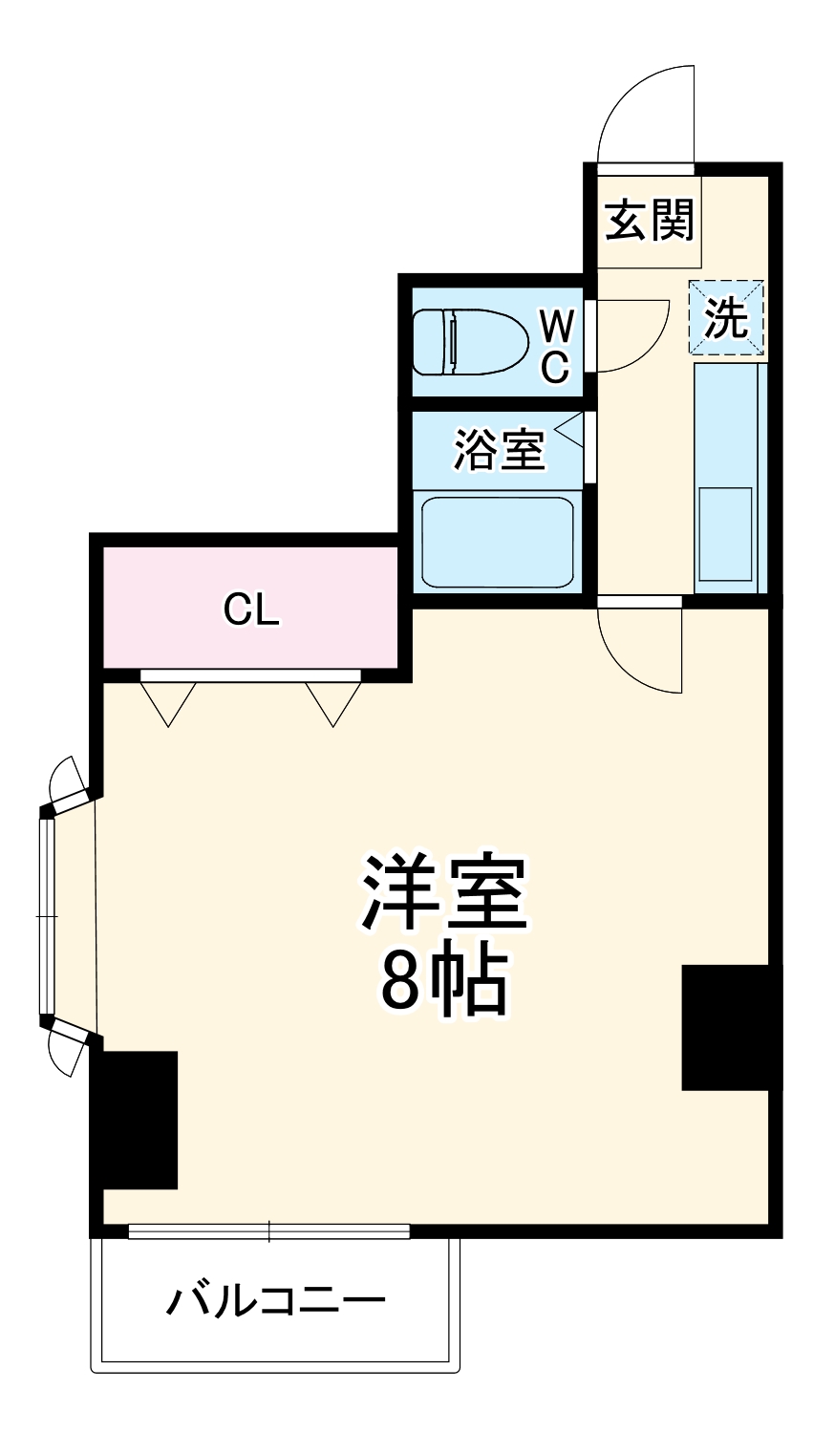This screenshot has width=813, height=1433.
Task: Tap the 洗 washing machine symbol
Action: tap(726, 318)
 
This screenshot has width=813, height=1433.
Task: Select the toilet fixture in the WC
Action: tap(470, 341)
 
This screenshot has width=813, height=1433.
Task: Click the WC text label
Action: tap(556, 346)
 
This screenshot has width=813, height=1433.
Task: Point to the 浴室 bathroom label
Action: tap(498, 449)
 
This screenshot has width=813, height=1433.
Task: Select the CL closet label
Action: tap(251, 610)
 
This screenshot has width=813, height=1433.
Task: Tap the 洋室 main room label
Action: tap(443, 892)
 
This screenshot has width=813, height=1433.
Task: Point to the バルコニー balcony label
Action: tap(276, 1300)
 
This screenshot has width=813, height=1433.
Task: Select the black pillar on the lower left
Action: tap(136, 1120)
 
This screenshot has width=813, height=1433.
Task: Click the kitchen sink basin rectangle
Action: tap(725, 533)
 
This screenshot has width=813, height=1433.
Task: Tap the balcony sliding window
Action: tap(268, 1231)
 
